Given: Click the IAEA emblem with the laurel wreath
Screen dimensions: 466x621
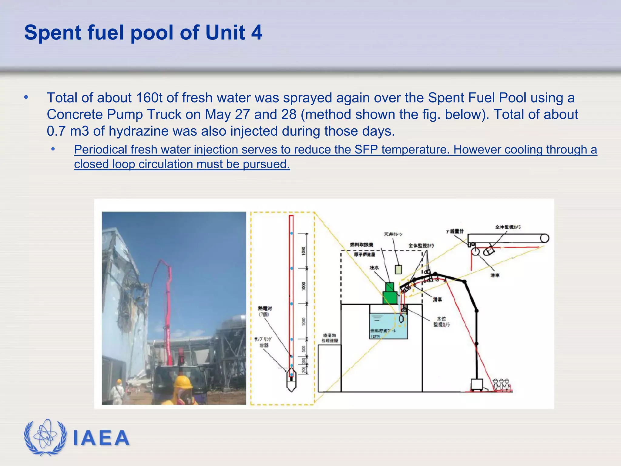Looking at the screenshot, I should tap(45, 437).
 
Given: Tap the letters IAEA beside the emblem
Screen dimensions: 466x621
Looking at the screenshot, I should tap(101, 438).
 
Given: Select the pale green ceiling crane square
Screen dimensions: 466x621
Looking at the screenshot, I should tap(398, 269).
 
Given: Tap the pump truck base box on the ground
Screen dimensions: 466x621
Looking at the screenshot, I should tap(477, 385).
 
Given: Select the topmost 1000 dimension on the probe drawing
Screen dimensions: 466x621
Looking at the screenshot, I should tap(304, 251).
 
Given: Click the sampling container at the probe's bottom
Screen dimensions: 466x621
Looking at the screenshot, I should tap(291, 380).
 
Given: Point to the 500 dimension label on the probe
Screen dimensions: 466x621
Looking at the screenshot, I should tap(304, 349).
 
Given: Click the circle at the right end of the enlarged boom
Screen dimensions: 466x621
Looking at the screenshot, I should tap(545, 238).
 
